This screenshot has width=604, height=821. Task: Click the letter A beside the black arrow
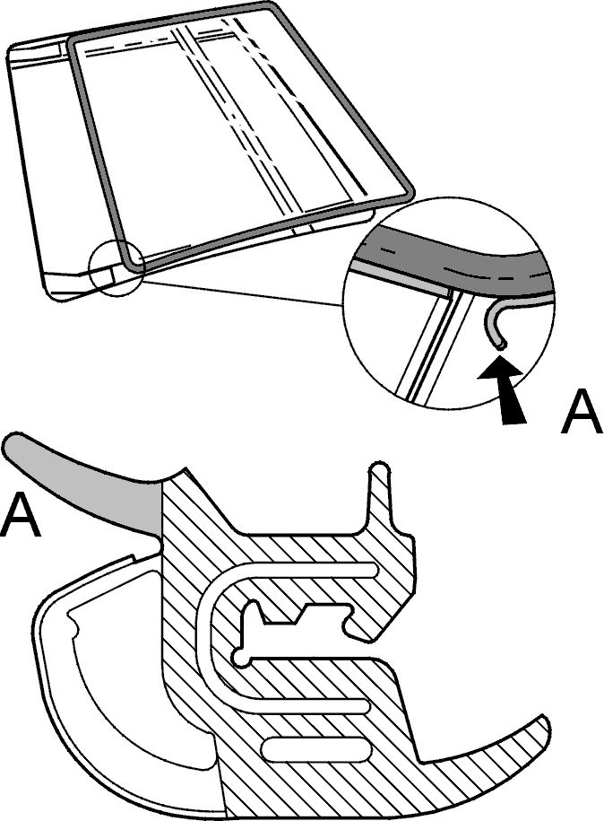[x=582, y=413]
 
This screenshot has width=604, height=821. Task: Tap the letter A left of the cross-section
[x=21, y=516]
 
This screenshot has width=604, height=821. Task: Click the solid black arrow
[x=503, y=389]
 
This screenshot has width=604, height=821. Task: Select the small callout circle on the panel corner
[x=116, y=270]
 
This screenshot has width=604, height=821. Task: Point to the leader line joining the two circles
[x=243, y=293]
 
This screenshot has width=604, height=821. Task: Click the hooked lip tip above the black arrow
[x=500, y=345]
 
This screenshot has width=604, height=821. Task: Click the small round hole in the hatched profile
[x=241, y=659]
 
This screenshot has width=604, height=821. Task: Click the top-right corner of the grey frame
[x=271, y=5]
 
